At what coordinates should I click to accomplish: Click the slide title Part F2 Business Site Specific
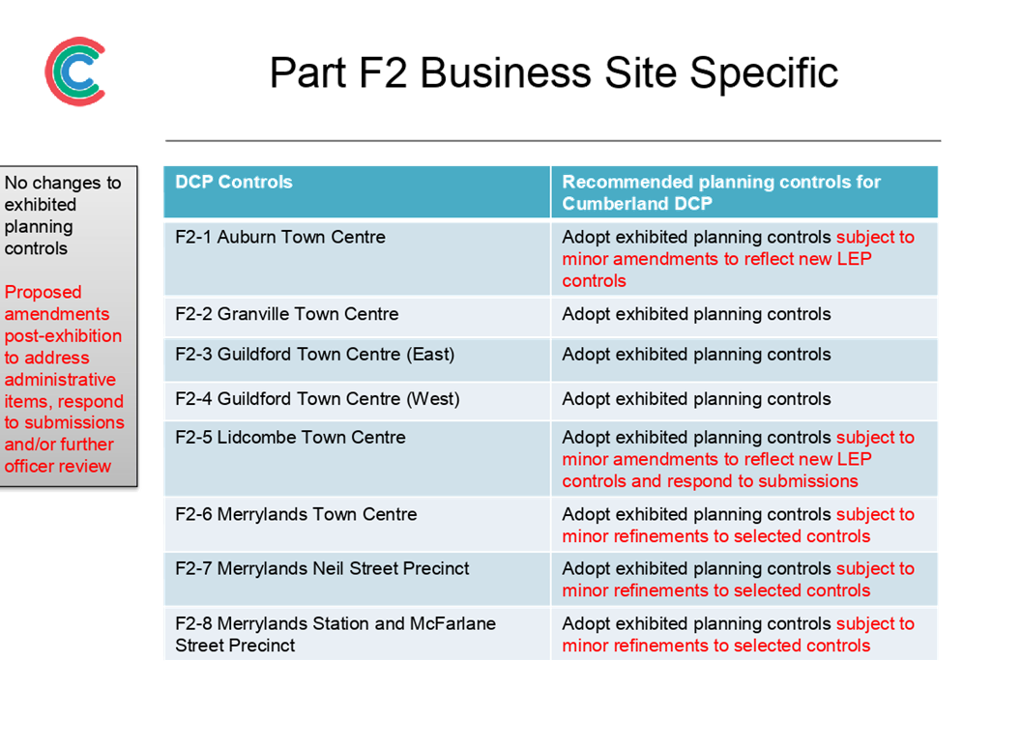click(x=553, y=72)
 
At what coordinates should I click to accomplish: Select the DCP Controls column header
click(x=357, y=192)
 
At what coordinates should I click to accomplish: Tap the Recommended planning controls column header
click(x=744, y=192)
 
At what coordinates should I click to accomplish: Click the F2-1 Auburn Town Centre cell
click(x=357, y=259)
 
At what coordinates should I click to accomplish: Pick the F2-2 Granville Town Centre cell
click(x=357, y=317)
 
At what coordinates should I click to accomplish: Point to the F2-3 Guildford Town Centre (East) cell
click(x=357, y=359)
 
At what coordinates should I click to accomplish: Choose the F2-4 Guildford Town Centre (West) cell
click(x=357, y=401)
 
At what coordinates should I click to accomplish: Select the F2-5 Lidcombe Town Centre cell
click(x=357, y=459)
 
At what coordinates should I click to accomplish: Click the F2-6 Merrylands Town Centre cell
click(x=357, y=525)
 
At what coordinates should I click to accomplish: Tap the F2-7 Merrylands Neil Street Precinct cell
click(x=357, y=579)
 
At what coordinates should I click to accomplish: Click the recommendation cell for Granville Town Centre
click(x=744, y=317)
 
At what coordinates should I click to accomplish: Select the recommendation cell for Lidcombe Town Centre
click(x=744, y=459)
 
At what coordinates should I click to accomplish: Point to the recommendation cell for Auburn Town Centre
click(x=744, y=259)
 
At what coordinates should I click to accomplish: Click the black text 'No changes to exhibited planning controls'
click(x=63, y=215)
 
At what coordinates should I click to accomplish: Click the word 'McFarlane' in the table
click(x=452, y=623)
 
